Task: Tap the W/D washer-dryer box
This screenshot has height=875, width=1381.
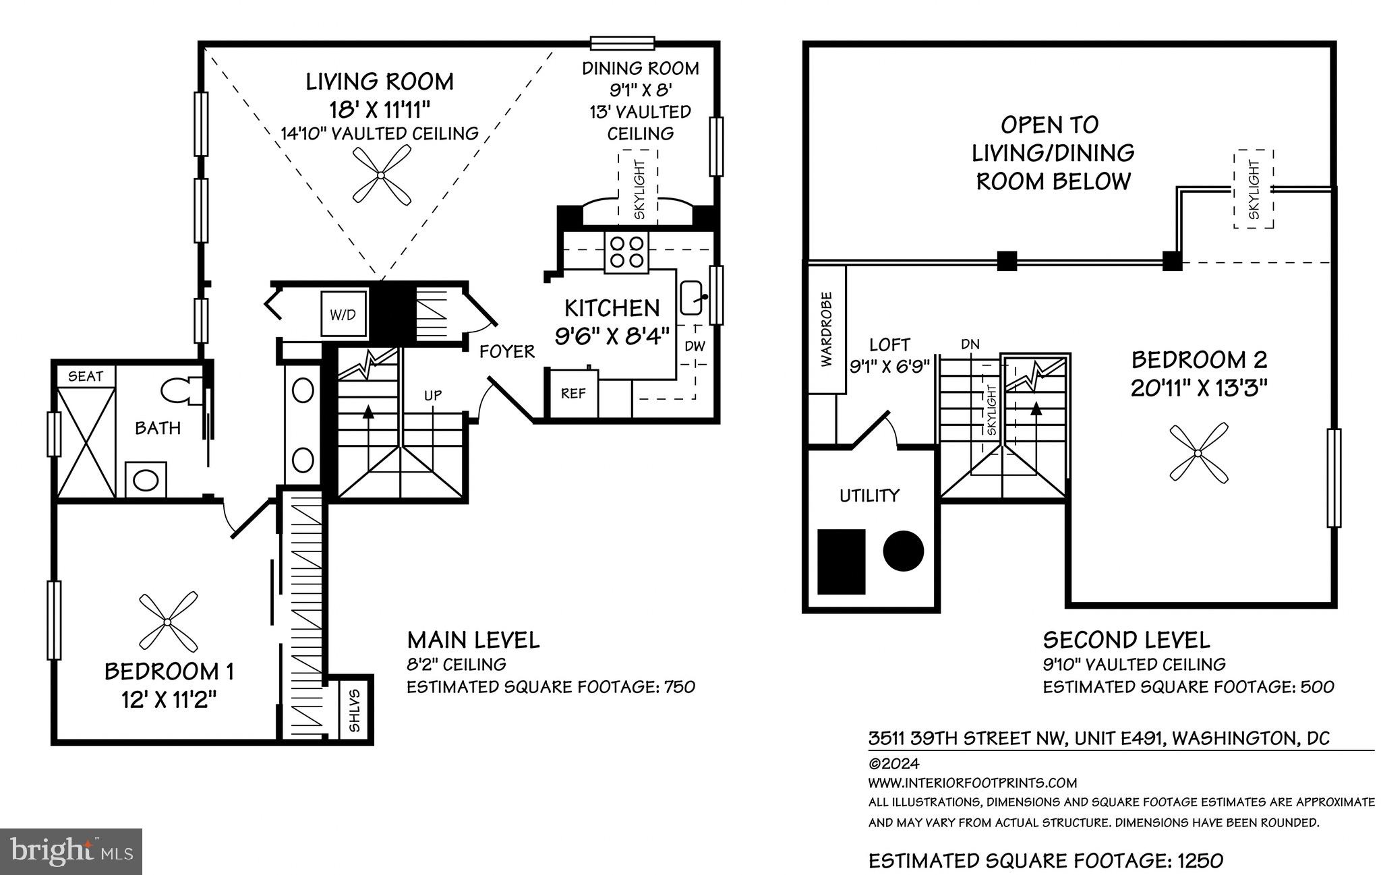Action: click(x=343, y=314)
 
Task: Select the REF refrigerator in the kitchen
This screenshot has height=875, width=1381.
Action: click(x=572, y=393)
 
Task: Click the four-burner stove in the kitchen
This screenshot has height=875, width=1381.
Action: click(x=626, y=252)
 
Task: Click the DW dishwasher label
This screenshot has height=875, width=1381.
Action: click(x=695, y=346)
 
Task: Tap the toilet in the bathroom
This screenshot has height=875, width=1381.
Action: click(x=181, y=390)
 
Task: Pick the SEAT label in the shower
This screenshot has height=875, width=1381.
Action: click(x=86, y=376)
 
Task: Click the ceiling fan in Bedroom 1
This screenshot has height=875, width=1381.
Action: click(x=168, y=621)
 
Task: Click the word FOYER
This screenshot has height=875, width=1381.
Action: click(x=507, y=351)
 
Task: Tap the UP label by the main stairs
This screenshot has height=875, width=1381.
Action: click(x=433, y=395)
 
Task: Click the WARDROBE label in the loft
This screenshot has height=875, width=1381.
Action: click(x=827, y=329)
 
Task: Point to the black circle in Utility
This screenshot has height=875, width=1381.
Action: click(x=903, y=551)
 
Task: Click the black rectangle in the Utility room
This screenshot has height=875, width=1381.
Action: click(x=841, y=562)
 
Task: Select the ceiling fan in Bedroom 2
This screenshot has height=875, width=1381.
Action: click(x=1198, y=454)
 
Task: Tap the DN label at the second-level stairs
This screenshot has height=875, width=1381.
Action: click(x=970, y=344)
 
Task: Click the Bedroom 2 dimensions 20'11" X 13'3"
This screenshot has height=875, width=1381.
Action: click(x=1199, y=389)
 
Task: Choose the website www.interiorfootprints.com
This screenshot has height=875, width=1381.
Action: click(x=972, y=783)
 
